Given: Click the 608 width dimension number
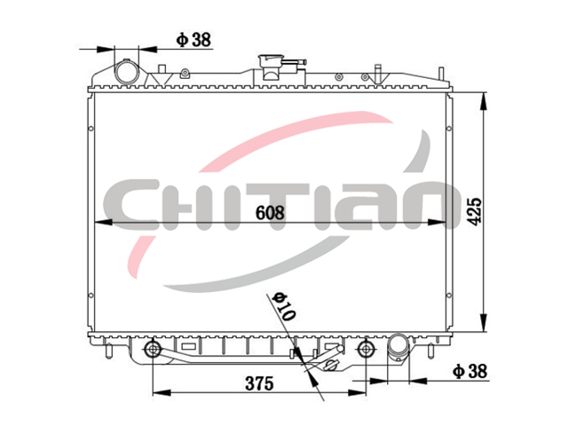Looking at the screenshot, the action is click(x=270, y=212).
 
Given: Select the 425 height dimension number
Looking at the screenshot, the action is click(x=474, y=211).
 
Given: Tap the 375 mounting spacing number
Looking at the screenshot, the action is click(x=259, y=383).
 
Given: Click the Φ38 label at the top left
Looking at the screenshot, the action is click(x=193, y=39).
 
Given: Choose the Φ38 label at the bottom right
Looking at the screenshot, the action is click(x=469, y=371).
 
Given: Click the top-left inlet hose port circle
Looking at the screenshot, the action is click(x=127, y=72).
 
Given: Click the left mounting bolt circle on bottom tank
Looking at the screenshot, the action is click(x=153, y=349).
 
